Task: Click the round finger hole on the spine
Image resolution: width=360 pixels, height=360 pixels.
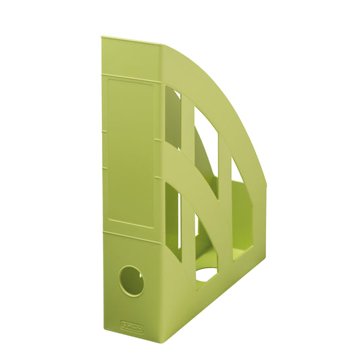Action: coord(131,280)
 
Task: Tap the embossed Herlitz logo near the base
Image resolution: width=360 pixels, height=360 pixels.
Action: coord(133,326)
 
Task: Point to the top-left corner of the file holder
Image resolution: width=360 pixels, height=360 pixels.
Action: coord(102,38)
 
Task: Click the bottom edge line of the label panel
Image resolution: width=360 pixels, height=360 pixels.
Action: coord(131,224)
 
